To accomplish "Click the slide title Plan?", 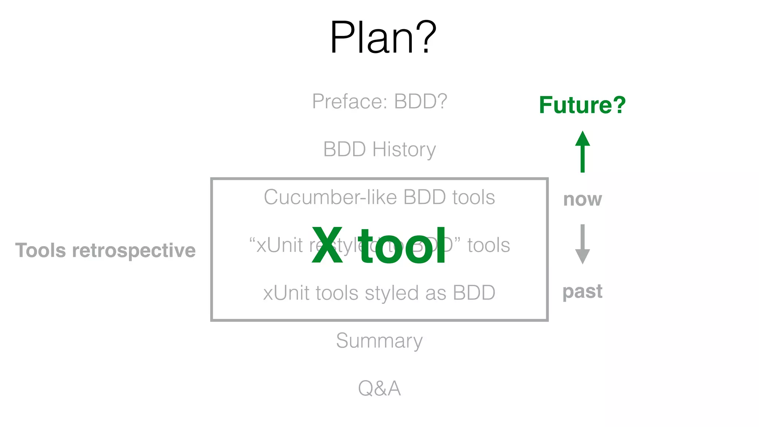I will (383, 37).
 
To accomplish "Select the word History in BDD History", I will (404, 149).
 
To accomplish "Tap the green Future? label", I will (582, 105).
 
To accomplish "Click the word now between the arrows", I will (582, 199).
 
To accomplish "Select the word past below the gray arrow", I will (582, 292).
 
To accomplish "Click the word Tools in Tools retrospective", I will (41, 250).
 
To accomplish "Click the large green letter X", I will (327, 246).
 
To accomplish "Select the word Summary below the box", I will (379, 341).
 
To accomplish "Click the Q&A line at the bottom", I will (379, 388).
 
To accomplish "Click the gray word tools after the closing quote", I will (488, 245).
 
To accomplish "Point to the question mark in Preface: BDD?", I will (442, 101).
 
